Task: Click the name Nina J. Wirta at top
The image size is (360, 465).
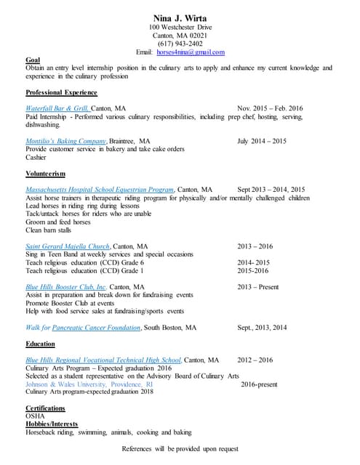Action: point(179,17)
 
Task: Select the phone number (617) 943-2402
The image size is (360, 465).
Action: point(180,44)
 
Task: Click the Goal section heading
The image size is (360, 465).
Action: point(33,60)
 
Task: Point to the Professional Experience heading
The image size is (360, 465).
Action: point(61,93)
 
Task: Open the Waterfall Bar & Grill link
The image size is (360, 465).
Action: point(57,108)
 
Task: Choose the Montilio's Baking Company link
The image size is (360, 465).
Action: point(66,141)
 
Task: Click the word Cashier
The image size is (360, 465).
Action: point(36,157)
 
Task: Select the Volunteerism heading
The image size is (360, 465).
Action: point(45,174)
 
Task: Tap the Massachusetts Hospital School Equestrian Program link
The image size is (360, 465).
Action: point(100,190)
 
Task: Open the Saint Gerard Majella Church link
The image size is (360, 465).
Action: point(68,246)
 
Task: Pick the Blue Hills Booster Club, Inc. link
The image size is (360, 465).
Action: point(66,287)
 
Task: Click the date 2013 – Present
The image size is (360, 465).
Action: point(257,287)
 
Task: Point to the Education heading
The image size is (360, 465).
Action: point(40,344)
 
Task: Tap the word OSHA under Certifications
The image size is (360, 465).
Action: point(35,416)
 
